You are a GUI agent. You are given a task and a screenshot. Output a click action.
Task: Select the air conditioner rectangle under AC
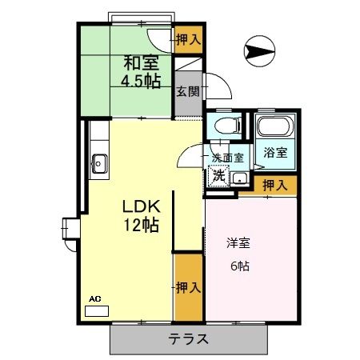coord(96,308)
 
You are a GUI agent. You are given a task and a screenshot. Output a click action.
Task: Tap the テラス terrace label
coord(188,338)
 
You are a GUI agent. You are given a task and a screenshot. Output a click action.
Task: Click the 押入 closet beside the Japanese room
coord(188,37)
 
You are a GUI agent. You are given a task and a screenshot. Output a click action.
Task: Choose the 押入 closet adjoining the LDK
coord(187,285)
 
